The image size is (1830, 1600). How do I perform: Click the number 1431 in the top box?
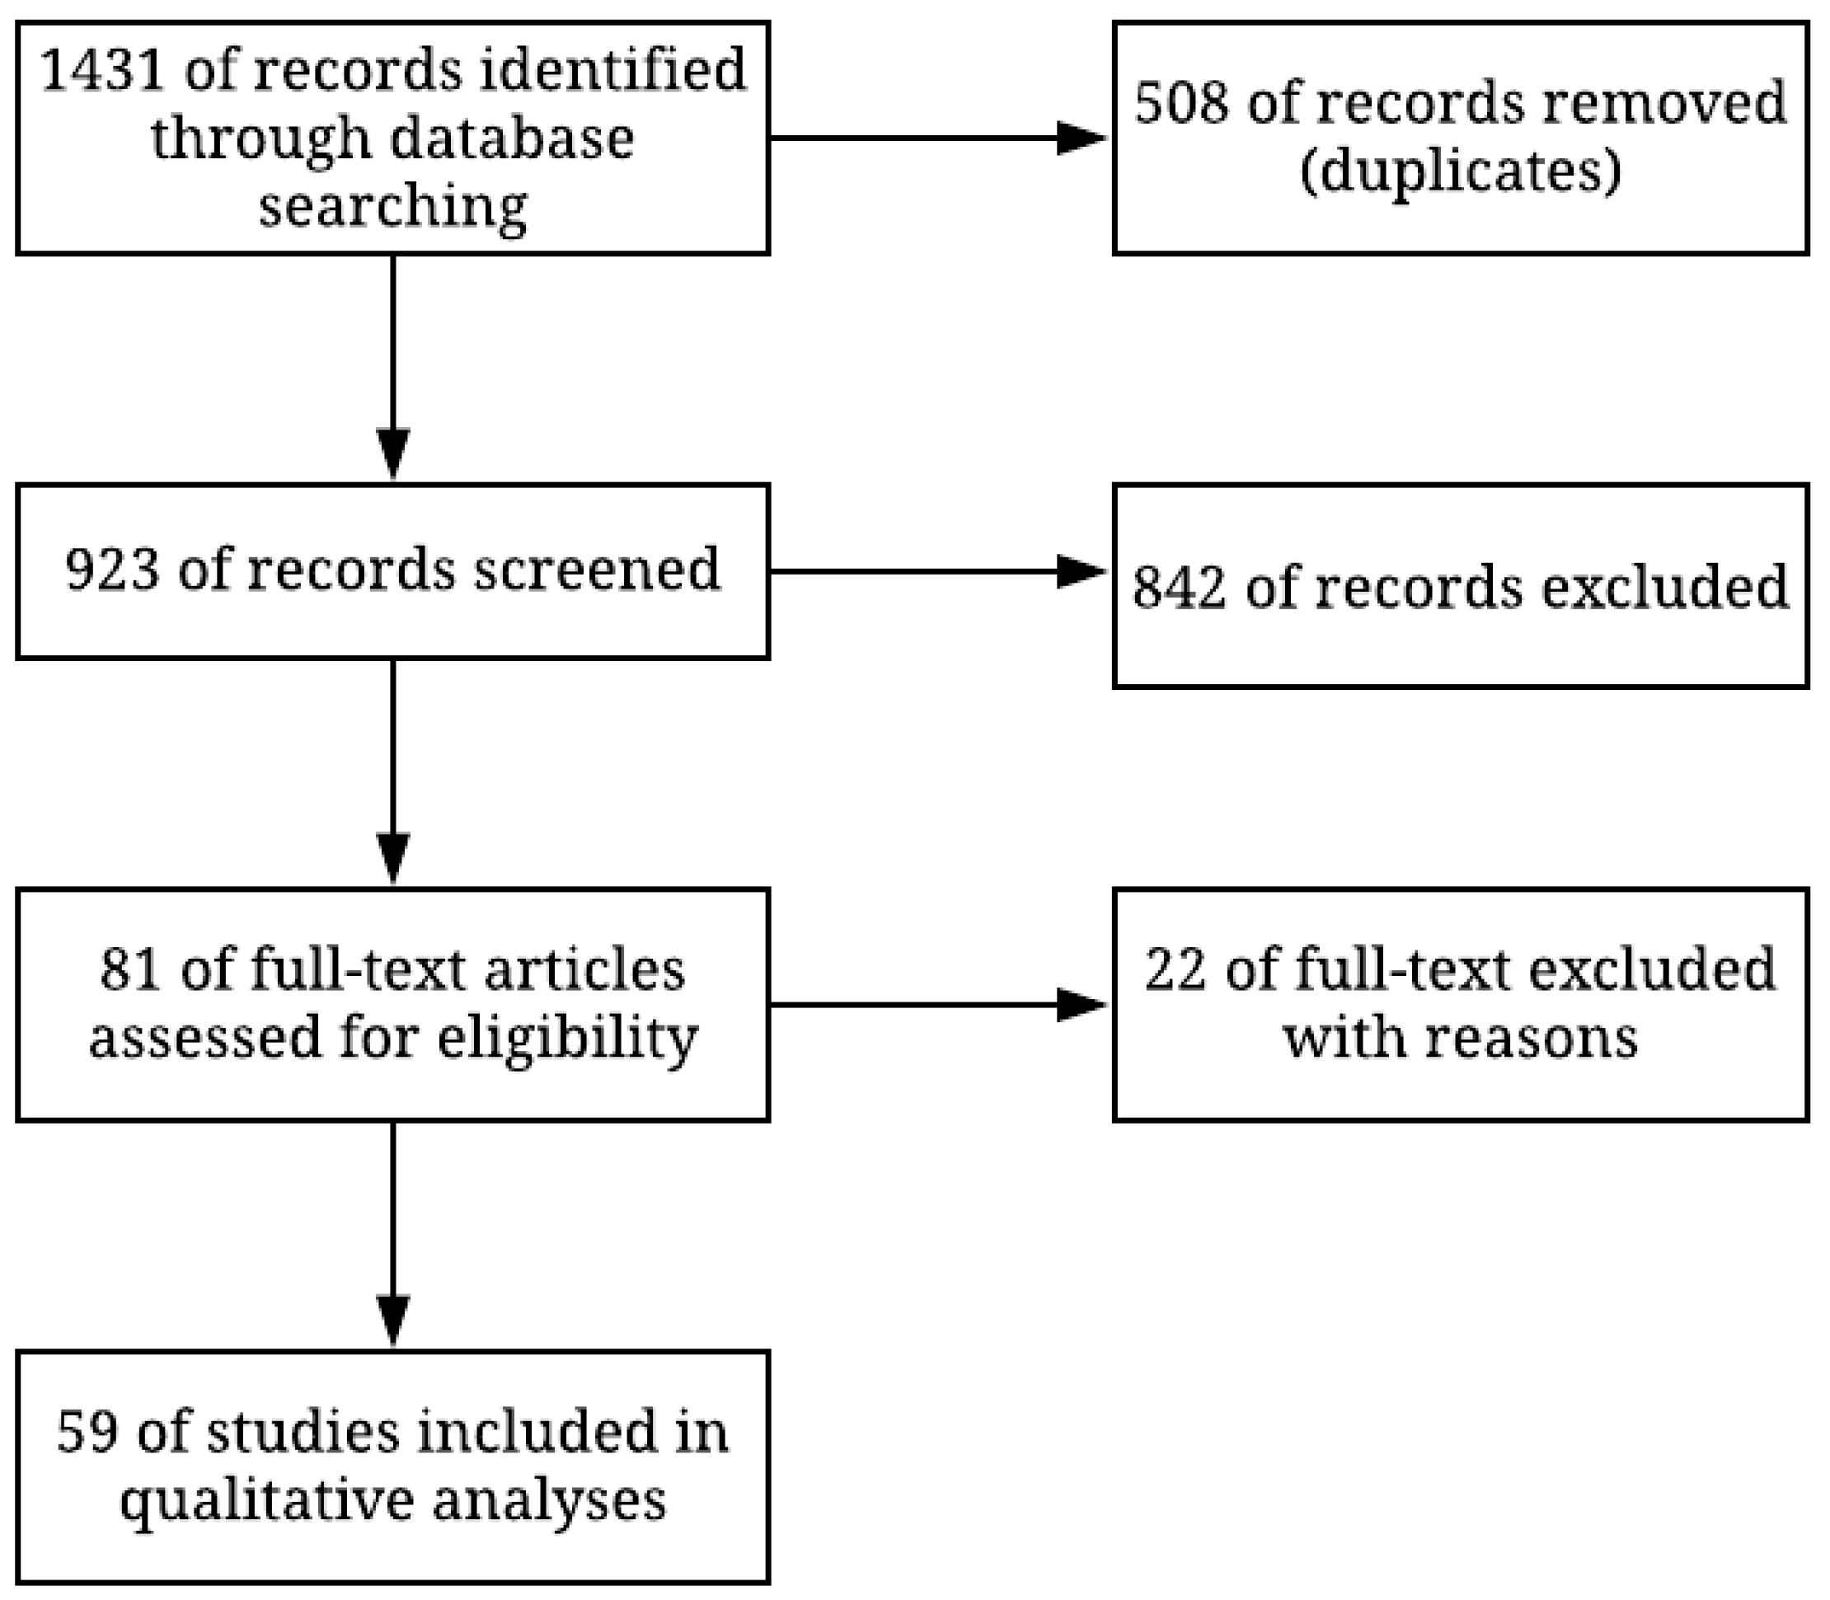[103, 71]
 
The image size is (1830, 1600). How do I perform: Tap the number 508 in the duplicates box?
[1181, 103]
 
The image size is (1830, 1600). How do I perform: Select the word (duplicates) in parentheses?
[1461, 171]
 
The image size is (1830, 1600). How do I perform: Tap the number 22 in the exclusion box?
[1175, 970]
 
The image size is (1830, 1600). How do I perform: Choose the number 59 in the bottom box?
[87, 1433]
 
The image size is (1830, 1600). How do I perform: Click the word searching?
[392, 208]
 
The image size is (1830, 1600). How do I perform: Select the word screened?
[596, 570]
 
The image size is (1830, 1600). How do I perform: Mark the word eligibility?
[568, 1039]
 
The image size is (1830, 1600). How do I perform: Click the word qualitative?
[266, 1503]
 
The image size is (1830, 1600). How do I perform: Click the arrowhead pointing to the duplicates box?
[1080, 138]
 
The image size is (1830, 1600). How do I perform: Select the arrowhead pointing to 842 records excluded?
[1080, 571]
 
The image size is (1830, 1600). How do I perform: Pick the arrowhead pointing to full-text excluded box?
[1080, 1006]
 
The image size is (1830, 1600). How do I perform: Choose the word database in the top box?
[512, 140]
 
